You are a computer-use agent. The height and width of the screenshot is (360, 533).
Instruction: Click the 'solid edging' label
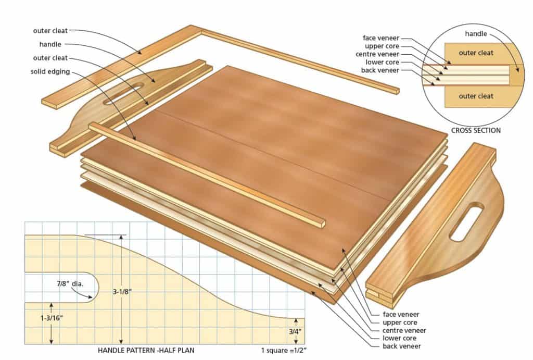point(51,71)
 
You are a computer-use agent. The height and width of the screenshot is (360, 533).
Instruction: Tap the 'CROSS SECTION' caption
point(476,130)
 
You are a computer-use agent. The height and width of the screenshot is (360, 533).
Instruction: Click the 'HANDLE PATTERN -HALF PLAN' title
point(146,350)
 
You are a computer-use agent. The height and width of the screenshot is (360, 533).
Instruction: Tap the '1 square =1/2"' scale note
point(283,350)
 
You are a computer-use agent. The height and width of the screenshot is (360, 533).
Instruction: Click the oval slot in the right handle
point(466,222)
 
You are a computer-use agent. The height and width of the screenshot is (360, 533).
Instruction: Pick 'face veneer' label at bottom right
point(401,314)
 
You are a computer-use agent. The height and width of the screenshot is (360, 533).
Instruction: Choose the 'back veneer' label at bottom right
point(401,346)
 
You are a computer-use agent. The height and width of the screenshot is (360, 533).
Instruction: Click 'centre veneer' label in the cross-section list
point(377,54)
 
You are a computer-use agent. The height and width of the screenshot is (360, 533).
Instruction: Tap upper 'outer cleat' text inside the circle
point(476,53)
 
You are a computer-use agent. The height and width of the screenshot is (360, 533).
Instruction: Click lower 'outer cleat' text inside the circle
point(476,96)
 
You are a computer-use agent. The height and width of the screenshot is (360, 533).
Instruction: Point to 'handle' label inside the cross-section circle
point(476,34)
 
